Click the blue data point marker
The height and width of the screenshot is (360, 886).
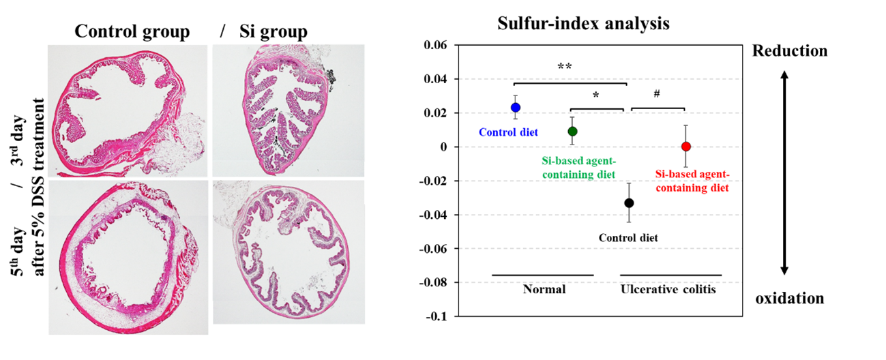point(516,108)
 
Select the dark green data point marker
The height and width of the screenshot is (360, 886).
point(573,132)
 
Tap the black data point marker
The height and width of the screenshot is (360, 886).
point(629,203)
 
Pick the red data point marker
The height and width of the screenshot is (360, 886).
point(686,147)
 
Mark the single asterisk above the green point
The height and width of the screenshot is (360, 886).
point(595,96)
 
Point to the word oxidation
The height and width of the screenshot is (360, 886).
point(790,299)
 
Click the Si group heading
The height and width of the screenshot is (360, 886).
point(273,31)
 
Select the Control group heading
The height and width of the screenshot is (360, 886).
point(132,31)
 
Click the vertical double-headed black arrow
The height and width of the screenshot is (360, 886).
point(784,175)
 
